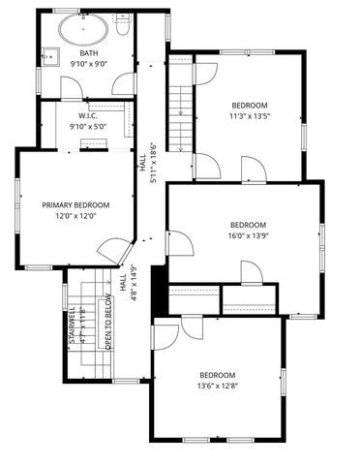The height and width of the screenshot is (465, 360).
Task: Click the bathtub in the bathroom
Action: click(x=83, y=29)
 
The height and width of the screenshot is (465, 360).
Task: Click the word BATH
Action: click(x=88, y=53)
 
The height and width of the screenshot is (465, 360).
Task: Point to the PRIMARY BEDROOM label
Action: click(x=75, y=204)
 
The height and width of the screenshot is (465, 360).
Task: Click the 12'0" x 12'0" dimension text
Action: click(x=75, y=217)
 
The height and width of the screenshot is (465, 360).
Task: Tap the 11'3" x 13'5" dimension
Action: click(x=250, y=116)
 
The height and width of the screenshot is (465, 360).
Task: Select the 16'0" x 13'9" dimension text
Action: click(x=248, y=235)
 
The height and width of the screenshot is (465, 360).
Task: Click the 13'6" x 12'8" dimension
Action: click(x=217, y=387)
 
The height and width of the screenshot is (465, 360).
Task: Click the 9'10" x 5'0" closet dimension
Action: click(x=88, y=126)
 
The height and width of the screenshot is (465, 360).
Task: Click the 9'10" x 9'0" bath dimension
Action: click(x=88, y=65)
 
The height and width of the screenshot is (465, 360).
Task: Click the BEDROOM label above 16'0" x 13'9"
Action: click(x=248, y=224)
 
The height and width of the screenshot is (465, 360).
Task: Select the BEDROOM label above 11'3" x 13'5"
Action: click(x=250, y=105)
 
